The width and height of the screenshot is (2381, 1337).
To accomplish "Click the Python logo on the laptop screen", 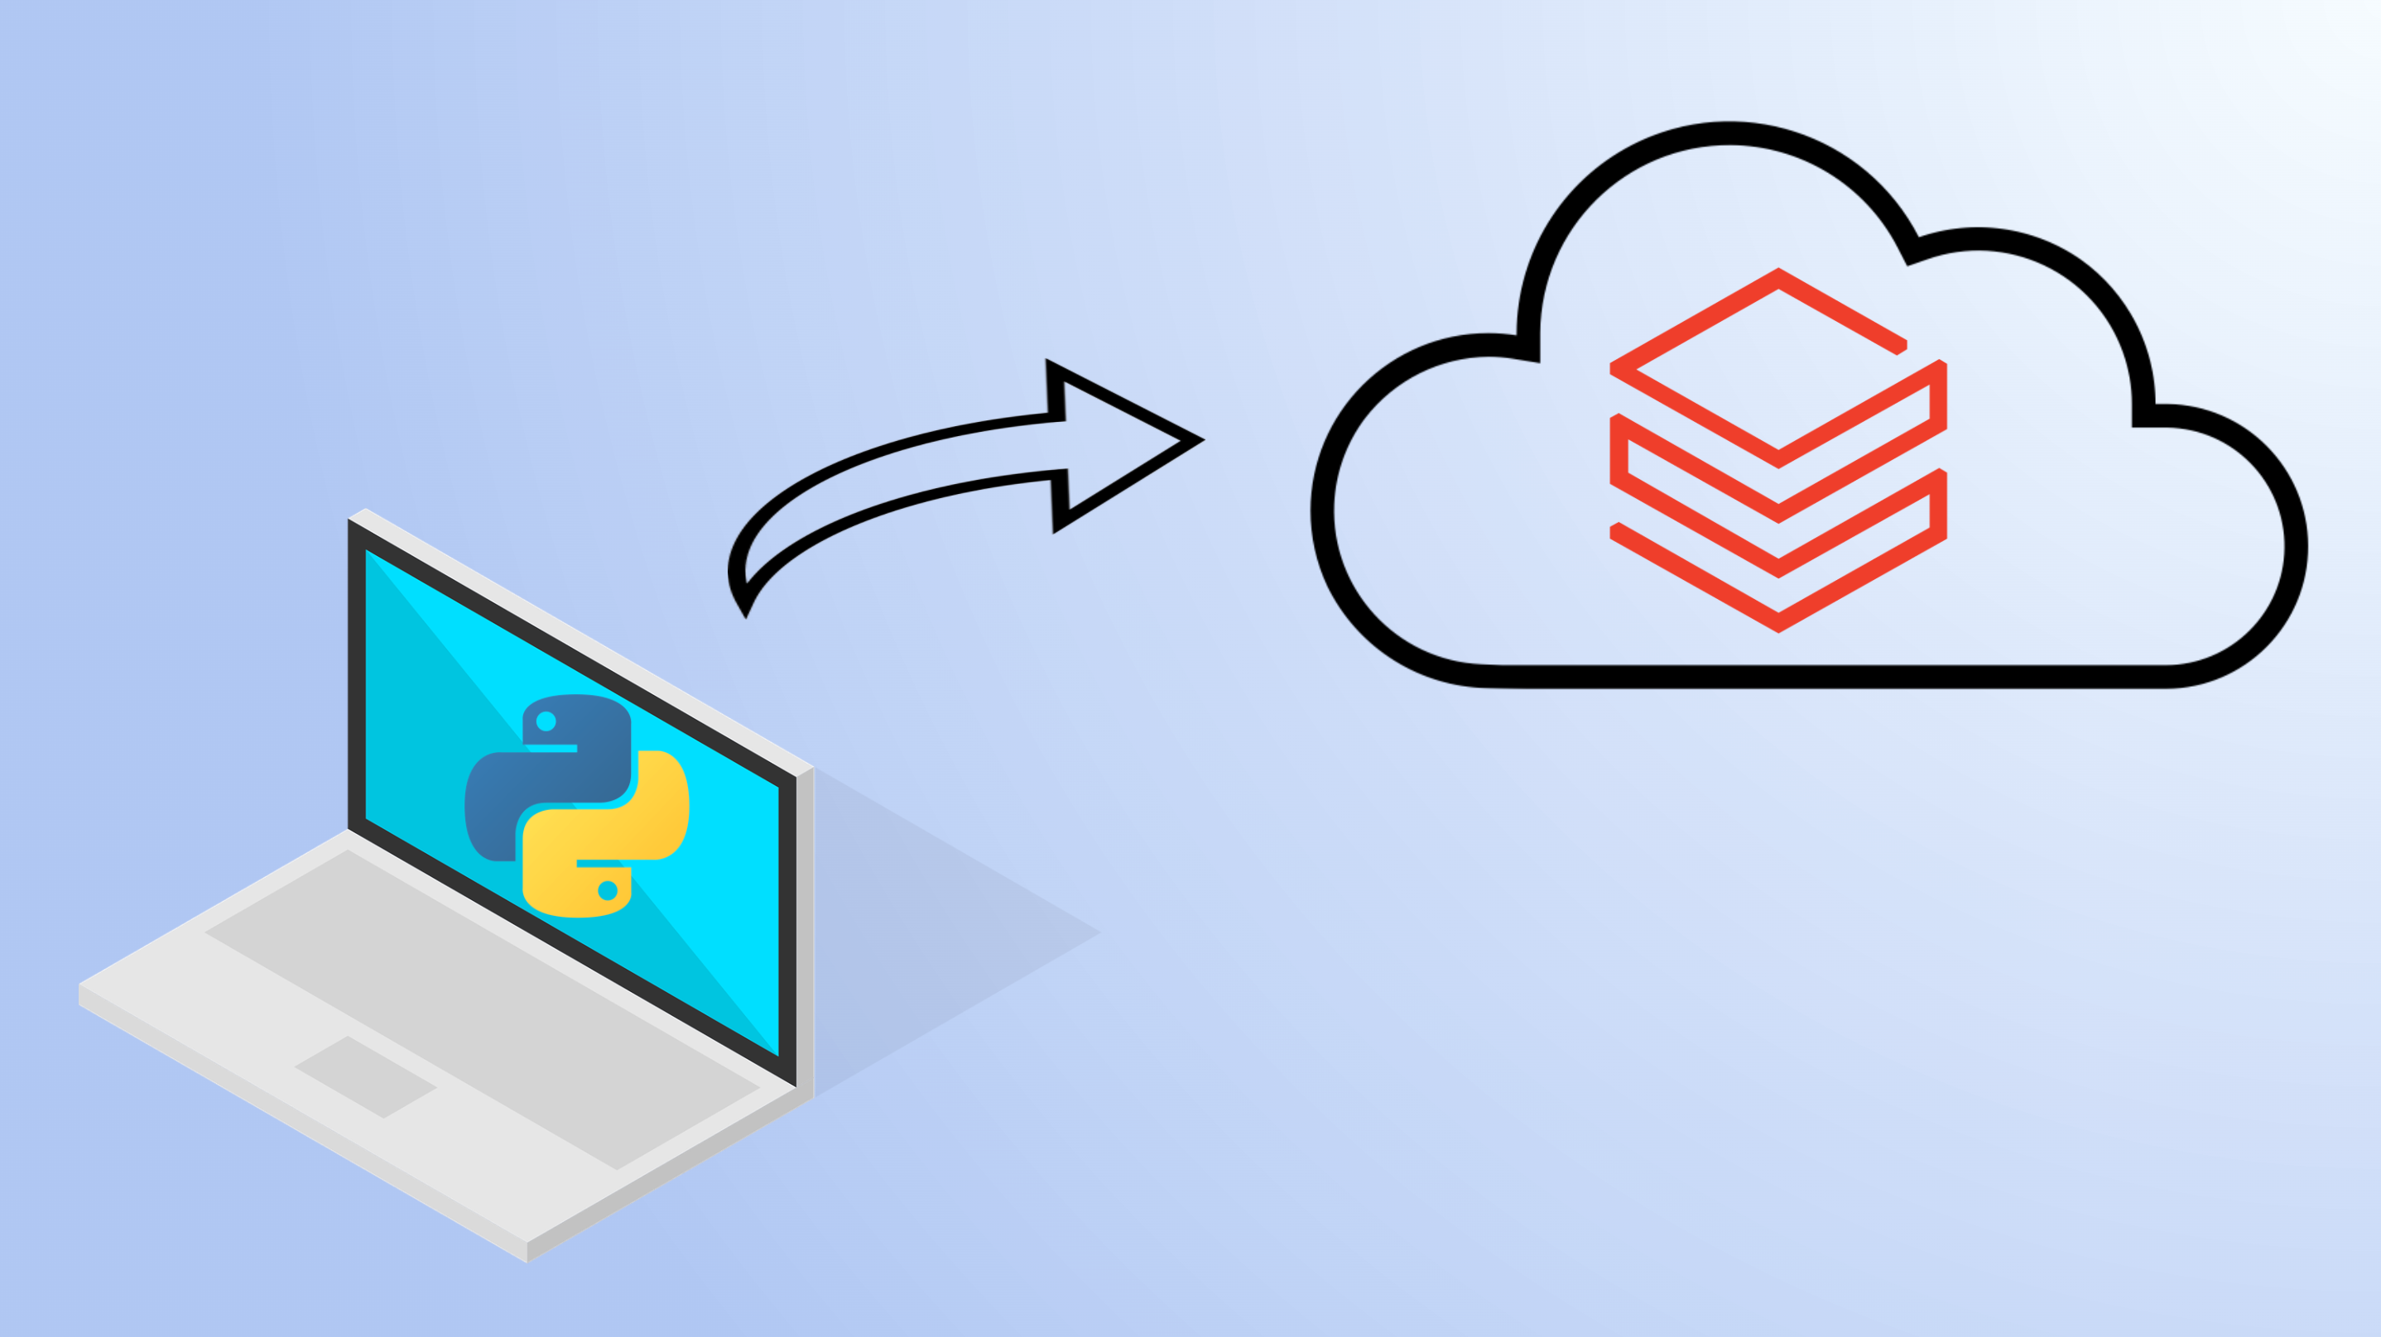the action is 577,805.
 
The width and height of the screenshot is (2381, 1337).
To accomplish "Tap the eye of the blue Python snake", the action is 546,721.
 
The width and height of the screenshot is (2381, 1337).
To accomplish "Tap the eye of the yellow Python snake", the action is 608,889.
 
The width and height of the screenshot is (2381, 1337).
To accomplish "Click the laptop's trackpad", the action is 365,1076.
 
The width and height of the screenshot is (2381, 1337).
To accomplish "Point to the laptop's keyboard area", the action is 481,1007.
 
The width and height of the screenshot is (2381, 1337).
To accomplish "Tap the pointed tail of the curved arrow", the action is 745,610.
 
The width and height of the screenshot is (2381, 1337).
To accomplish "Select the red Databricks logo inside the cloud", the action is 1778,450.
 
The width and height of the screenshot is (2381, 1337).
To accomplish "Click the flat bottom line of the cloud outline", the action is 1830,676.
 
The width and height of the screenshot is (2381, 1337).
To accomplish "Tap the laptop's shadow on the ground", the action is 952,933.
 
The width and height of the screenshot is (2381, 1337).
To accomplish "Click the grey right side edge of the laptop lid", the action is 805,933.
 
